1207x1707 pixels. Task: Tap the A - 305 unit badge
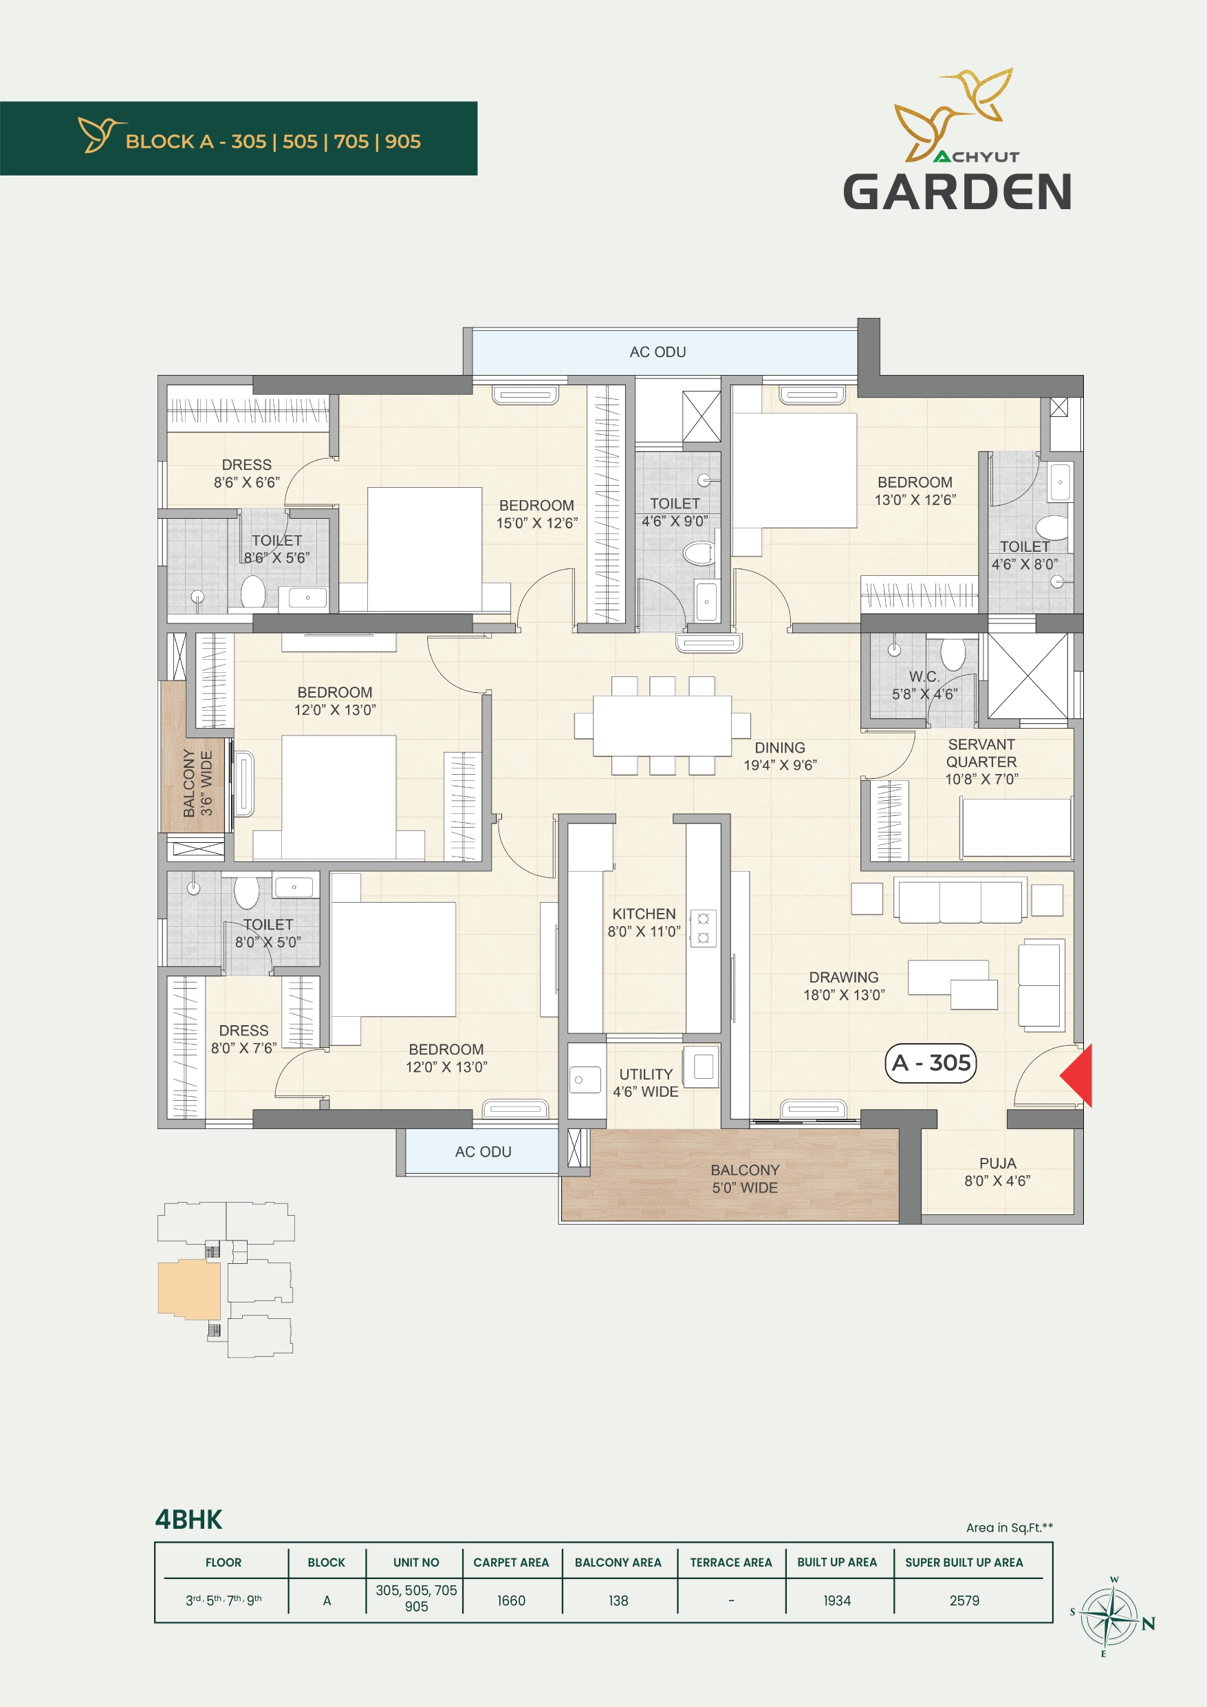pos(931,1063)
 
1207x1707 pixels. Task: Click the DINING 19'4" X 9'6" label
pos(781,756)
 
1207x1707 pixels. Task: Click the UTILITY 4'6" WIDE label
pos(646,1082)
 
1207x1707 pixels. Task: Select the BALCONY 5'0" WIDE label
pos(745,1179)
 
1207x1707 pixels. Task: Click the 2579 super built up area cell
pos(964,1600)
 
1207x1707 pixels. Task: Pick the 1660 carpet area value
pos(511,1600)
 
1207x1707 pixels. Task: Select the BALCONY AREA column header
pos(618,1563)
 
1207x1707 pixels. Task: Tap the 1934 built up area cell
pos(837,1600)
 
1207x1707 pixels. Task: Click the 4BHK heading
pos(188,1520)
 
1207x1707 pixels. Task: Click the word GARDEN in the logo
pos(957,191)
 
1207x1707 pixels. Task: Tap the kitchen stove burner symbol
pos(703,929)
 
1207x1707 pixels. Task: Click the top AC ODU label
pos(657,352)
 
